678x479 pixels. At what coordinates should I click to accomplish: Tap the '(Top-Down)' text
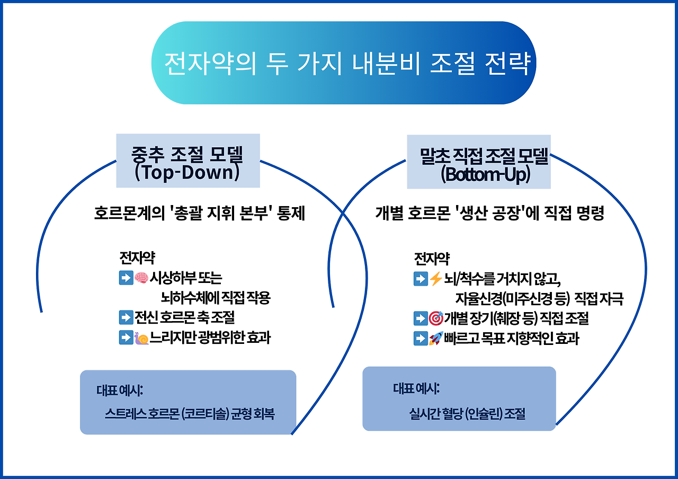(x=188, y=173)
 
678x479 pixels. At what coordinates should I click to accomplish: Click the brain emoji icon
(x=141, y=277)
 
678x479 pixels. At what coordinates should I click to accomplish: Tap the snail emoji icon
(x=141, y=338)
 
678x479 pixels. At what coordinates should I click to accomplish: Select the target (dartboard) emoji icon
(x=435, y=318)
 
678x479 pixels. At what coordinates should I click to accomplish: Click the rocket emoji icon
(x=435, y=339)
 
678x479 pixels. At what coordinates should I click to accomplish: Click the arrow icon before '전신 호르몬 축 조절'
(x=126, y=317)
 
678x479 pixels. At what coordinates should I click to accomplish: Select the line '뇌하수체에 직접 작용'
(x=216, y=298)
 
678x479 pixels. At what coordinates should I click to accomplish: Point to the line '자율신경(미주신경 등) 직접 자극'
(x=539, y=299)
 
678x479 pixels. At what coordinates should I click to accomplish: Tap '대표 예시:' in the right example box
(x=416, y=388)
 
